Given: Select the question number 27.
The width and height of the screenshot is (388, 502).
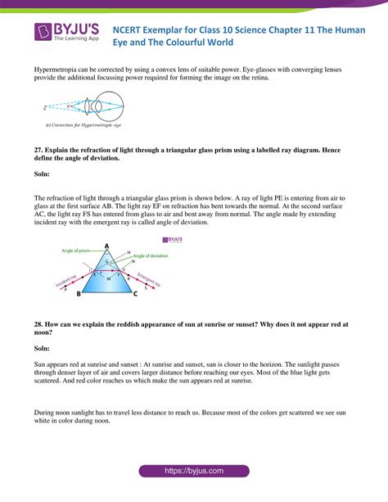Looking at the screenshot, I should [38, 151].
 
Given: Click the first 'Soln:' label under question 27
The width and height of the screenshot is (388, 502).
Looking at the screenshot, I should [43, 174].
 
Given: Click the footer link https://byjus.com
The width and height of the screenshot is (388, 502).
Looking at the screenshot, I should [194, 473].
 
